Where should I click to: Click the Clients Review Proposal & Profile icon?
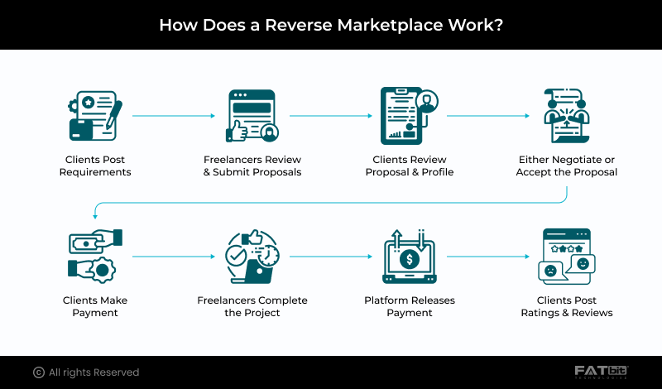point(409,118)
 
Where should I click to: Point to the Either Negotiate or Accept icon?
point(566,118)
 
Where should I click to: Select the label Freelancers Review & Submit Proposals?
point(252,166)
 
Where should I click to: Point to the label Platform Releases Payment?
point(409,306)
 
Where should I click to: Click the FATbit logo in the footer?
point(602,372)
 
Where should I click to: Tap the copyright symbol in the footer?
point(38,372)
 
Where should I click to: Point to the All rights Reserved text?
point(94,372)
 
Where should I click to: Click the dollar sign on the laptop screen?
point(409,260)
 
